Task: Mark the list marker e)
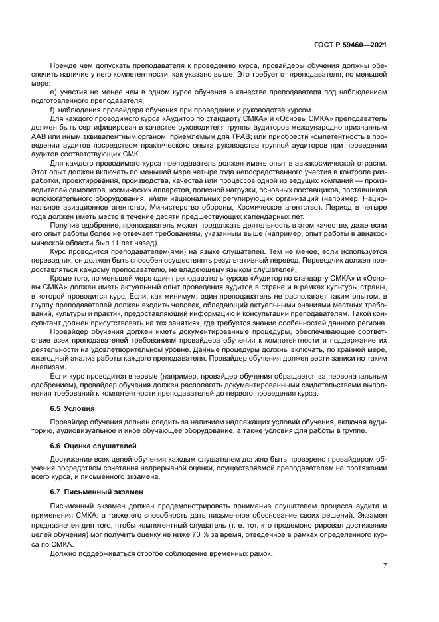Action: [x=54, y=92]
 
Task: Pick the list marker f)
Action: [x=53, y=110]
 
